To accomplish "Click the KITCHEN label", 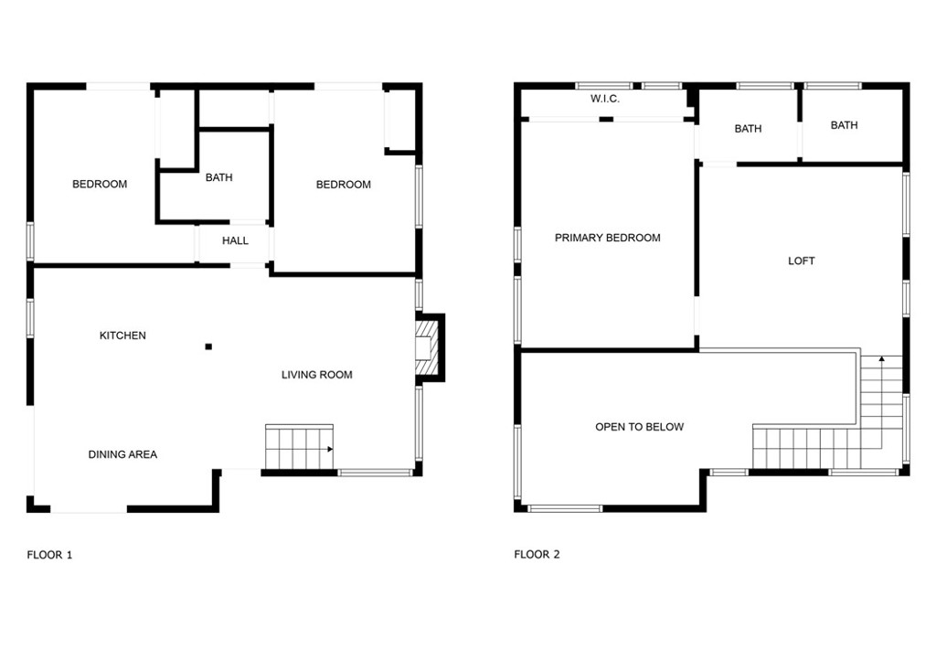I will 122,335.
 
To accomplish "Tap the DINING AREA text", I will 122,454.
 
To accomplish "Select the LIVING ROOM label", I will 316,375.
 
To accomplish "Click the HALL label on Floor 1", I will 235,241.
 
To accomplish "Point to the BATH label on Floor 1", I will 218,177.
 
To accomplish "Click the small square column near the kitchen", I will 208,346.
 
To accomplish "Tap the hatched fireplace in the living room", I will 426,347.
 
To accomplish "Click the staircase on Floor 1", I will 299,447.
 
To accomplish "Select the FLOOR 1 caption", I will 49,555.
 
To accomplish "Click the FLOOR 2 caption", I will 537,555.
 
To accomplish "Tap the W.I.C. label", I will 605,99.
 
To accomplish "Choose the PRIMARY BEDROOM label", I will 607,238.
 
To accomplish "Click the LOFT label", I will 801,261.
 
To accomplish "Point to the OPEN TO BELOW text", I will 639,427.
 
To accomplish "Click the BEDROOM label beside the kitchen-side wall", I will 100,185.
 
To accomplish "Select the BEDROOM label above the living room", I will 344,185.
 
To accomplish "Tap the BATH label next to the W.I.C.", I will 748,129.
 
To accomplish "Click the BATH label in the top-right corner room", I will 844,125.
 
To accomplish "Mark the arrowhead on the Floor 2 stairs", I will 881,361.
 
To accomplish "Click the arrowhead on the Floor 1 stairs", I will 328,449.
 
